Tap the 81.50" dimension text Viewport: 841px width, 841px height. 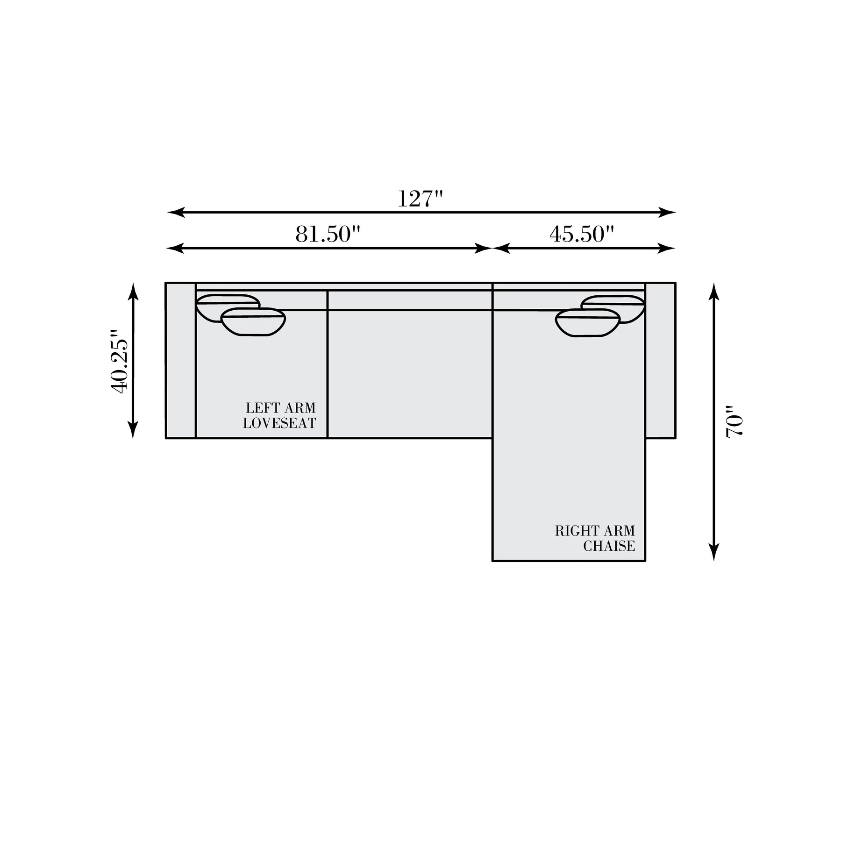pyautogui.click(x=328, y=234)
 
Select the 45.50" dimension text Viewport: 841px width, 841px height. pyautogui.click(x=582, y=234)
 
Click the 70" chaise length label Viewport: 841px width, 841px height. pyautogui.click(x=734, y=421)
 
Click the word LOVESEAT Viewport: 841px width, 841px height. pyautogui.click(x=279, y=423)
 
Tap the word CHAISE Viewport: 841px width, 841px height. pyautogui.click(x=609, y=546)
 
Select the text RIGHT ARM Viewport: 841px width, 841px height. pyautogui.click(x=595, y=531)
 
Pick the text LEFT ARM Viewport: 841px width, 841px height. pyautogui.click(x=281, y=408)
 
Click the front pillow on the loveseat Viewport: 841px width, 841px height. pyautogui.click(x=253, y=322)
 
